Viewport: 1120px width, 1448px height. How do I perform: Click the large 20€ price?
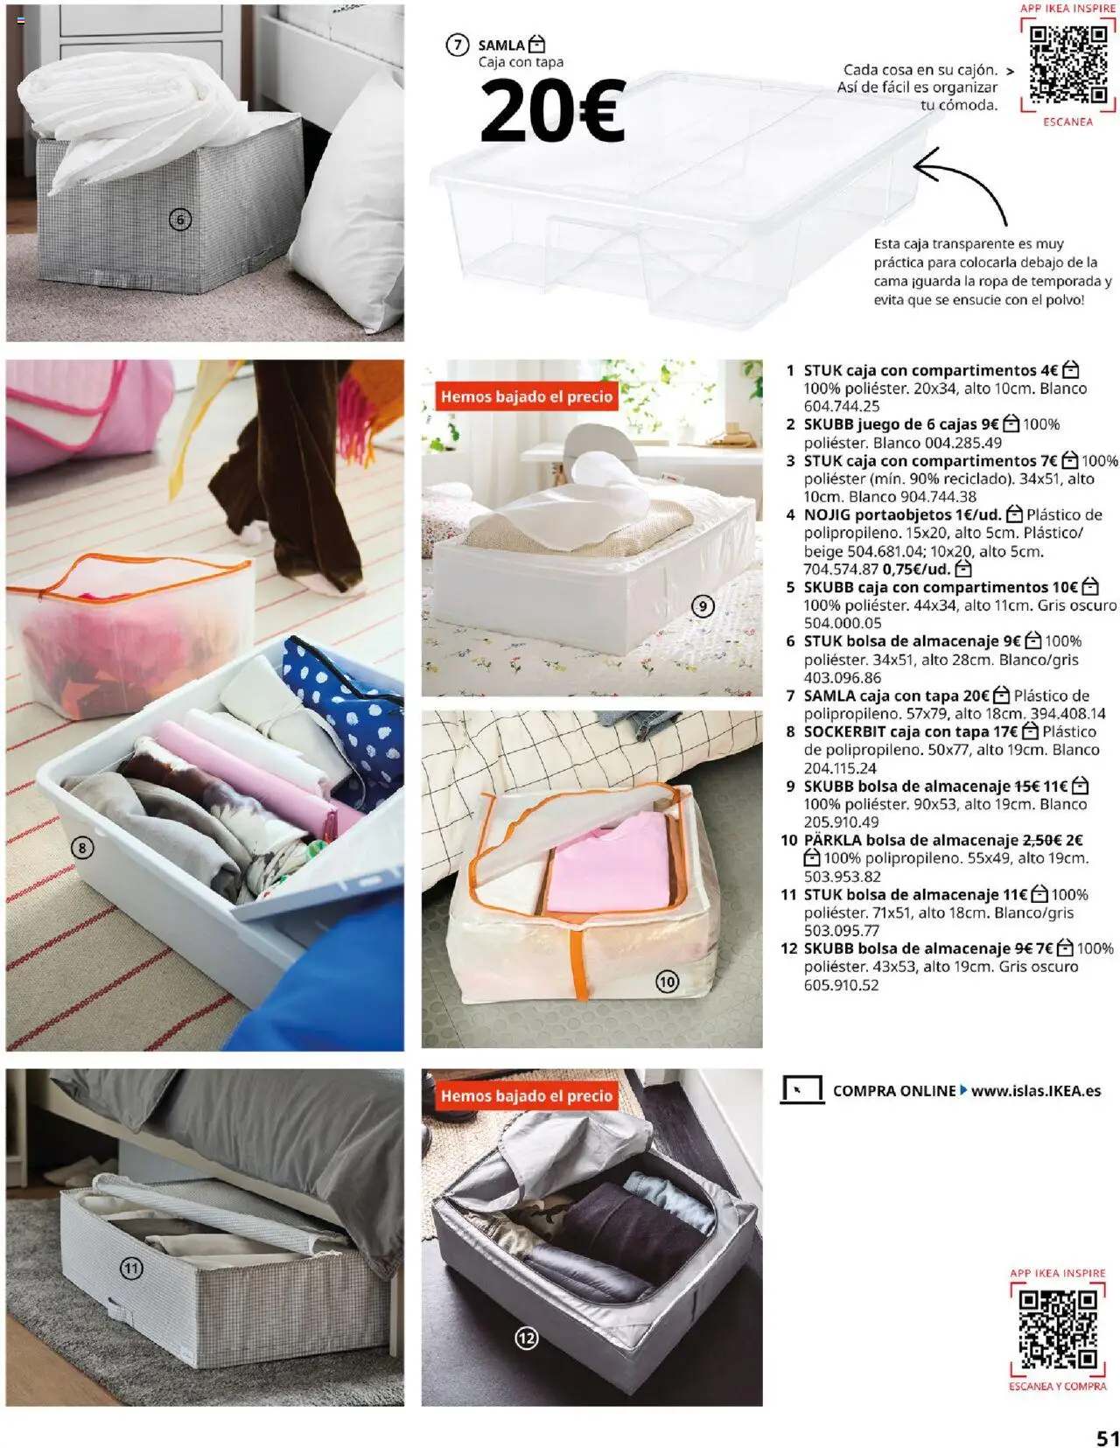552,111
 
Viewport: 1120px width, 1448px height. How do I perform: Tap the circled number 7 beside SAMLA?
457,45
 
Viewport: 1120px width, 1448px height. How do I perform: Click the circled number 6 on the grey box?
179,220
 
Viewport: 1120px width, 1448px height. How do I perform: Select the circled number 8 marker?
82,847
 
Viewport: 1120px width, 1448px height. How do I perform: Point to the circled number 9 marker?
703,605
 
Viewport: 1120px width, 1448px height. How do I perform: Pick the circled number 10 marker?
667,982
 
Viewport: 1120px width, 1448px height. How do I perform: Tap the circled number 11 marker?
131,1268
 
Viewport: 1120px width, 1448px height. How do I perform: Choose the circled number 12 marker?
526,1338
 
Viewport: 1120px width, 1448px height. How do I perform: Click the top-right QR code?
1067,64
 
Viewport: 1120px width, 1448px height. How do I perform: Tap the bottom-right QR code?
1058,1330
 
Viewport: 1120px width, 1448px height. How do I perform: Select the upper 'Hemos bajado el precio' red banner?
527,396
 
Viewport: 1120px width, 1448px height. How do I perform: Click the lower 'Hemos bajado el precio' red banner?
527,1095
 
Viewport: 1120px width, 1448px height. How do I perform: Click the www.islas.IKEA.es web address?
1036,1091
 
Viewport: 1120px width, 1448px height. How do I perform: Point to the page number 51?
1107,1438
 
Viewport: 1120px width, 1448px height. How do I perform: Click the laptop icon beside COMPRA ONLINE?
801,1090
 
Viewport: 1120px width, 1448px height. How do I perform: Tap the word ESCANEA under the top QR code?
1067,122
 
